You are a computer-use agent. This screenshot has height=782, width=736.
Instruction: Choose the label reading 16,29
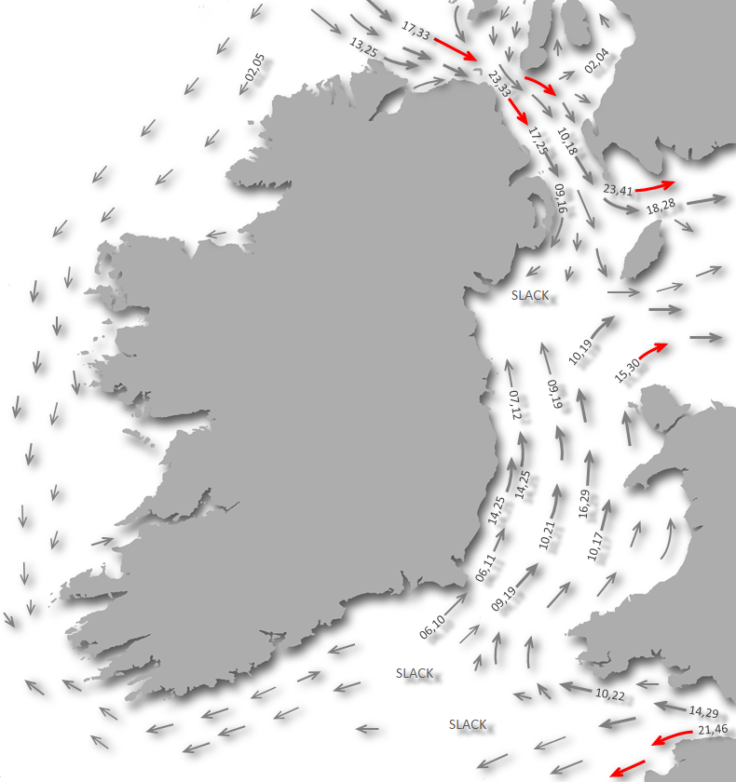(x=584, y=503)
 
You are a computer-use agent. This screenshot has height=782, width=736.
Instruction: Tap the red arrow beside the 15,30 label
(x=653, y=349)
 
